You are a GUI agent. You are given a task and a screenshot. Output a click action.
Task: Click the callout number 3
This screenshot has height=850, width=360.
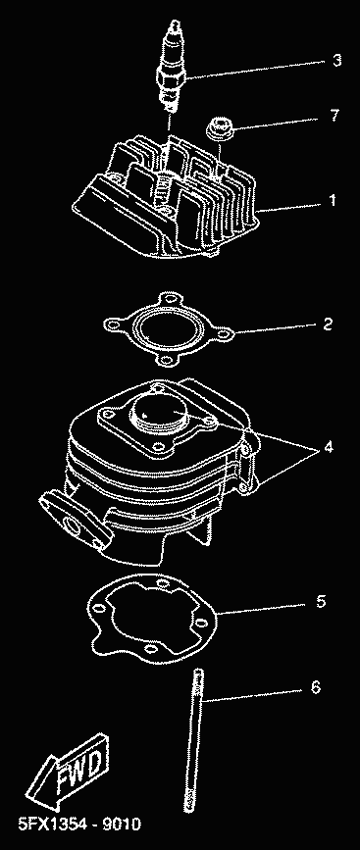point(336,60)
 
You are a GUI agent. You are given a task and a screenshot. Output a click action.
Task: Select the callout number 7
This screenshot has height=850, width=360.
point(335,115)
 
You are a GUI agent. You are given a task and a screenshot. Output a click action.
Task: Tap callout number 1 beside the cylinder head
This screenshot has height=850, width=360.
point(333,201)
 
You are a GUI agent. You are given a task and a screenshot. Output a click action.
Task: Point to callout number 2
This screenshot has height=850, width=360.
point(327,325)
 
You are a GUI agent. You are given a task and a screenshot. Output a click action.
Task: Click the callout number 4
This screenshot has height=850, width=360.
point(329,447)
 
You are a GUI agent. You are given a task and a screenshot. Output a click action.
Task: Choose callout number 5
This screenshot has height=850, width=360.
point(321,601)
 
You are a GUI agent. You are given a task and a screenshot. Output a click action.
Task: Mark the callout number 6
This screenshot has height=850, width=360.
point(316,687)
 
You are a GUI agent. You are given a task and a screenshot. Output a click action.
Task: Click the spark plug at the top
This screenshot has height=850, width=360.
point(173,65)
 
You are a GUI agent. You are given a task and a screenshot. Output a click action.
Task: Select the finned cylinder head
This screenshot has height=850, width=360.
point(168,199)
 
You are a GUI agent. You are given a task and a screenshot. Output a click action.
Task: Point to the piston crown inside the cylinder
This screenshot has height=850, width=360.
point(158,411)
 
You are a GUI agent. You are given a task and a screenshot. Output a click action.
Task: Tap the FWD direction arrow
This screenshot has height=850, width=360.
point(69,775)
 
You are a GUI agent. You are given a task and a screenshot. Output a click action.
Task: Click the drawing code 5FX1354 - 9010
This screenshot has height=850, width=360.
point(79,825)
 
